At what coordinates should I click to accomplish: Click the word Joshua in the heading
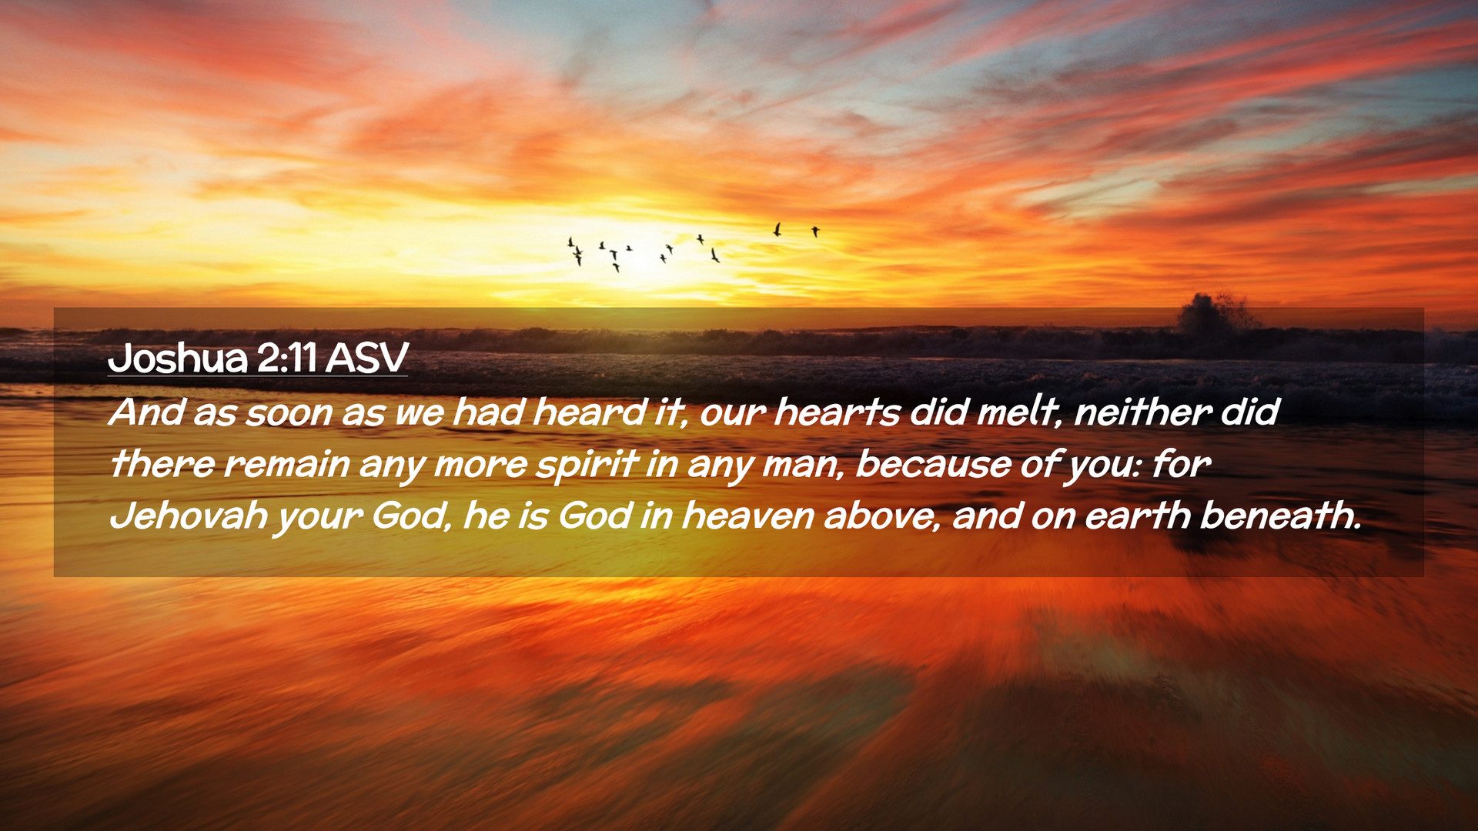coord(178,358)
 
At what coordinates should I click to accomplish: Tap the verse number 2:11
coord(287,358)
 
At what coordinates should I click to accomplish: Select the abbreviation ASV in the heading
coord(366,358)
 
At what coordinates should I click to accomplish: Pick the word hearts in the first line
coord(836,412)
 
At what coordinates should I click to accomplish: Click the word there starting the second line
coord(162,464)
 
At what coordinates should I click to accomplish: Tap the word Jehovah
coord(189,516)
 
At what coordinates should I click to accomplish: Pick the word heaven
coord(747,516)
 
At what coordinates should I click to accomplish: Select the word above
coord(882,516)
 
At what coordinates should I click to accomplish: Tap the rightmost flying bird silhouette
coord(815,231)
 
